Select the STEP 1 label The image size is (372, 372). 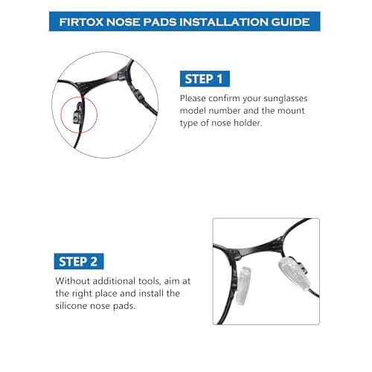click(x=205, y=77)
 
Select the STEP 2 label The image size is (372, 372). click(x=80, y=261)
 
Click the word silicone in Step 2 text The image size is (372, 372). click(x=74, y=307)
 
